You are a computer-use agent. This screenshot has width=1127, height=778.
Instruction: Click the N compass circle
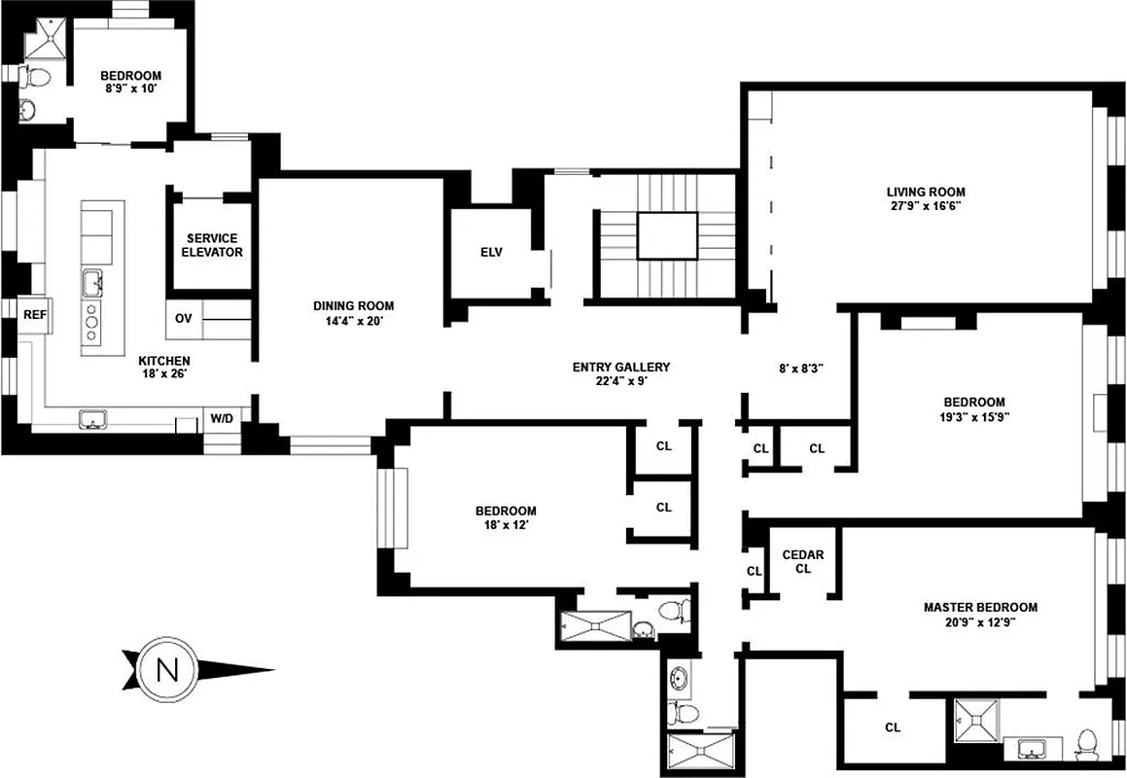coord(167,669)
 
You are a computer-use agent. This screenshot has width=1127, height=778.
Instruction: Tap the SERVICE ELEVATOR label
coord(212,245)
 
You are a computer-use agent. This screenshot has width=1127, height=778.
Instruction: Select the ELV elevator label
coord(491,252)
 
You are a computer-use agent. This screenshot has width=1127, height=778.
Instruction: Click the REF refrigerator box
coord(35,314)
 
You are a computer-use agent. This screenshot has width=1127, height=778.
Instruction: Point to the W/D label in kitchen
coord(223,419)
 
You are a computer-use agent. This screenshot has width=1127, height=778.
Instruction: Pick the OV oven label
coord(184,318)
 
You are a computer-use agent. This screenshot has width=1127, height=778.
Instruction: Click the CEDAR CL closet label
coord(803,562)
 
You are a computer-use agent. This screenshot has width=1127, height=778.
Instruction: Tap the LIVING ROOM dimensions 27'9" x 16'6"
coord(925,206)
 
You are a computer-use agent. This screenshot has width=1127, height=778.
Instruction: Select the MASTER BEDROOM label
coord(980,608)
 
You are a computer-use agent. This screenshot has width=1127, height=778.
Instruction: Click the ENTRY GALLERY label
coord(621,367)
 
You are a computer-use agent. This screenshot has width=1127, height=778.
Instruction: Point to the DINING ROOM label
coord(354,305)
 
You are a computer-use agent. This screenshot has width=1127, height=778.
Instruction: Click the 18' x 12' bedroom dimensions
coord(506,526)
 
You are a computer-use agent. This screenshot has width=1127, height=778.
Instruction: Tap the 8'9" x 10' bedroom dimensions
coord(129,88)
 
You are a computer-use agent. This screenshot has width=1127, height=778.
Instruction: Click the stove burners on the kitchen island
coord(92,321)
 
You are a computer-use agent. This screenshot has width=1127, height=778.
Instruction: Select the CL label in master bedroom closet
coord(893,727)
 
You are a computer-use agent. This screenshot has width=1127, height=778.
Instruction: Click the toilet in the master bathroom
coord(1086,745)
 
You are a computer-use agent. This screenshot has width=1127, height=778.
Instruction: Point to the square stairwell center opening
coord(667,236)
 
